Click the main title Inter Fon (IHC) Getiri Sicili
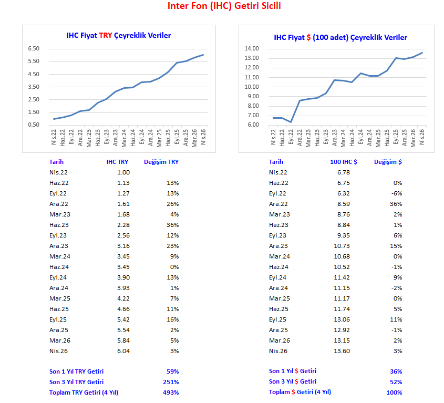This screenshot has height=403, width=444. [x=224, y=6]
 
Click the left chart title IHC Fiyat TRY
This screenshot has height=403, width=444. [x=118, y=35]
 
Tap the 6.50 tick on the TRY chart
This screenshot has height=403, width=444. [x=33, y=48]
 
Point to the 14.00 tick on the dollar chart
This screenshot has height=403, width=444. [x=252, y=48]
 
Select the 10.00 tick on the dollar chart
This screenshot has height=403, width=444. [x=252, y=87]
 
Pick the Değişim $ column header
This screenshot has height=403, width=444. [x=388, y=162]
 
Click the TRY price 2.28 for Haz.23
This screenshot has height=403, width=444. [x=123, y=225]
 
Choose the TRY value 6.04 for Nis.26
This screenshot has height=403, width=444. [x=123, y=351]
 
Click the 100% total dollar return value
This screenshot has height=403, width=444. [x=395, y=392]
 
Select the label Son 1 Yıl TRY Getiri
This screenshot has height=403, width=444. [x=76, y=371]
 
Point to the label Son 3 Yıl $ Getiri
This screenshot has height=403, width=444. [x=293, y=381]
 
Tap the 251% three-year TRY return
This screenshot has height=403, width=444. [x=171, y=382]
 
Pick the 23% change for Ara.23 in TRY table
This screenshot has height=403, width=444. [x=173, y=246]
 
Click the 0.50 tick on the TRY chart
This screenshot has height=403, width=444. [x=33, y=125]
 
